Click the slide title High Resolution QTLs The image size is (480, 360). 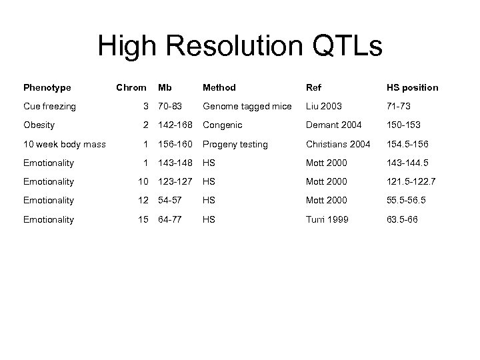coord(240,47)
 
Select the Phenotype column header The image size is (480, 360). coord(47,87)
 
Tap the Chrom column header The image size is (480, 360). coord(131,87)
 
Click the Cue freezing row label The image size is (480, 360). coord(49,106)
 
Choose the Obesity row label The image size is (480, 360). coord(39,125)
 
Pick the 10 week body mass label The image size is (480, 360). coord(64,144)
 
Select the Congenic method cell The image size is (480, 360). coord(223,125)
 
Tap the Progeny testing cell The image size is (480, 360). coord(235,144)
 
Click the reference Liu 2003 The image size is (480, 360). coord(323,106)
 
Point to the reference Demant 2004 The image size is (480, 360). coord(333,125)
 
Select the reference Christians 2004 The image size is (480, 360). coord(338,144)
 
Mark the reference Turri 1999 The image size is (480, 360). coord(327,219)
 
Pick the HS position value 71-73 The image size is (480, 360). coord(399,106)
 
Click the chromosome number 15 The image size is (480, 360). coord(141,219)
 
